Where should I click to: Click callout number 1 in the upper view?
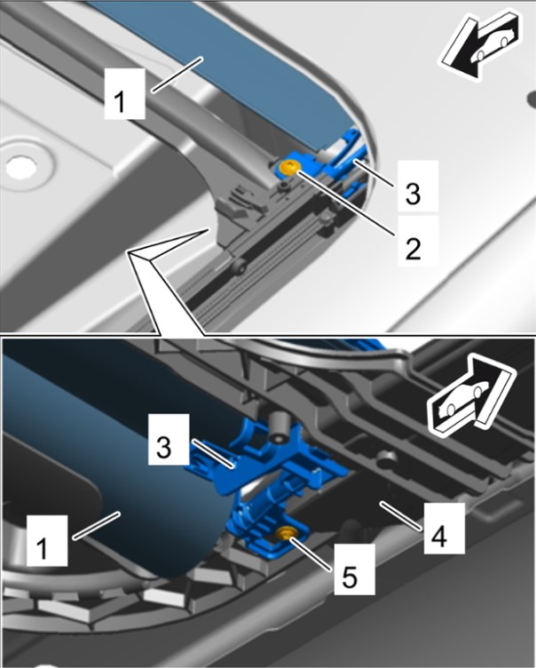click(x=124, y=94)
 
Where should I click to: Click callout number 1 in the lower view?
click(x=47, y=540)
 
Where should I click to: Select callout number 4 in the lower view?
click(x=444, y=529)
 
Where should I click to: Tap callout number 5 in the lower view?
click(x=354, y=569)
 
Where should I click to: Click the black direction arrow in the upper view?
click(x=481, y=47)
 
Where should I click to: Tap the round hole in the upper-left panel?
click(x=19, y=167)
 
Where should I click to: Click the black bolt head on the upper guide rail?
click(x=240, y=266)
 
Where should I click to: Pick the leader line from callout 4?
click(x=401, y=516)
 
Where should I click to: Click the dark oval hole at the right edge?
click(x=532, y=99)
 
